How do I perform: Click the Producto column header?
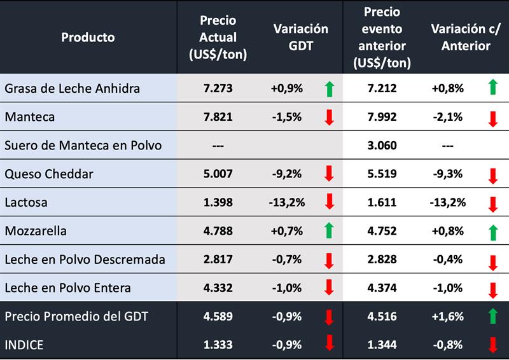88,37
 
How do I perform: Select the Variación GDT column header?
300,37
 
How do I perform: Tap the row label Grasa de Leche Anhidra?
72,88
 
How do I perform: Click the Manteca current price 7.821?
218,116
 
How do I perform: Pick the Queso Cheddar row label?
49,174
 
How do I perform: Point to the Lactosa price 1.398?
218,202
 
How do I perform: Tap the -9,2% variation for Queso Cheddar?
288,174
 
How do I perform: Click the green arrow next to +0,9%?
329,89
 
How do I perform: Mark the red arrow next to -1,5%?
329,117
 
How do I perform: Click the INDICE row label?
25,345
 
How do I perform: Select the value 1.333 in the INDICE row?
218,345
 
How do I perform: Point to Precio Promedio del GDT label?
76,316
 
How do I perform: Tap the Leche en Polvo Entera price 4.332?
218,287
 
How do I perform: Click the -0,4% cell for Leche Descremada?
447,260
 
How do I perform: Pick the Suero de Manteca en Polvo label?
83,145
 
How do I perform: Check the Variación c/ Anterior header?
461,37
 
